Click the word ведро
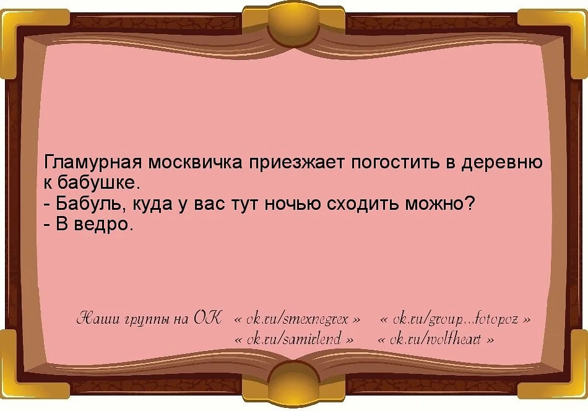[96, 224]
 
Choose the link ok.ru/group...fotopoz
[455, 320]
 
